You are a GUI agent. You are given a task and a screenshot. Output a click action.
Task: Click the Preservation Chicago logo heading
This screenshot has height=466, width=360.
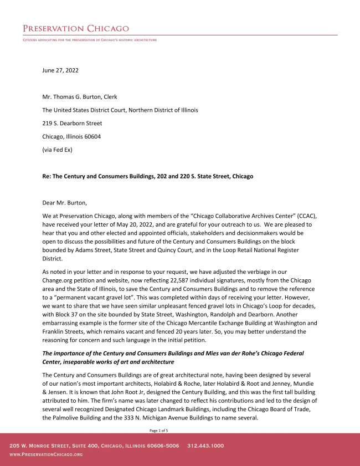click(76, 28)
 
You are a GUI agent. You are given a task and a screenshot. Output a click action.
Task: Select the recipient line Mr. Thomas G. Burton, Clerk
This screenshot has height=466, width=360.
click(80, 97)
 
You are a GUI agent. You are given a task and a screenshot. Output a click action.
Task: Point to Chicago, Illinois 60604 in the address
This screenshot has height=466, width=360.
click(71, 136)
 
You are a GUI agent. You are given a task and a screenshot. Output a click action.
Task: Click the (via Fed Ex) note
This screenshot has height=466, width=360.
click(57, 150)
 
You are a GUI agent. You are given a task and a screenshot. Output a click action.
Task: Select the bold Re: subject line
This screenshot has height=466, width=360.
click(147, 176)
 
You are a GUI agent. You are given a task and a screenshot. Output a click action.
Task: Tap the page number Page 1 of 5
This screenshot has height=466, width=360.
click(159, 430)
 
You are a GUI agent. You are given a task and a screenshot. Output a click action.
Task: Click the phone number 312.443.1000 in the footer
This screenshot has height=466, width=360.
click(205, 445)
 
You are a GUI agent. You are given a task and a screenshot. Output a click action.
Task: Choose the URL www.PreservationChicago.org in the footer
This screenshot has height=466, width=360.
click(46, 454)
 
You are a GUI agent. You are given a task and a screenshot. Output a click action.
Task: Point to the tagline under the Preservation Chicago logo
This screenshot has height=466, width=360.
click(90, 40)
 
